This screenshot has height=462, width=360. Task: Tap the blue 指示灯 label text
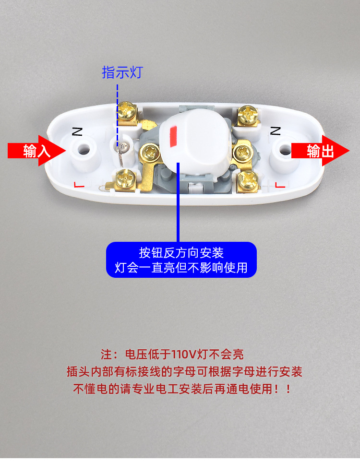(x=122, y=73)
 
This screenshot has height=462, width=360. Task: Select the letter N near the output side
(x=275, y=130)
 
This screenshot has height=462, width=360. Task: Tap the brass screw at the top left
(x=128, y=112)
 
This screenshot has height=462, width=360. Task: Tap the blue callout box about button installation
(x=181, y=260)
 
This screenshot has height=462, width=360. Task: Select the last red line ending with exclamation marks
(x=182, y=389)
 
